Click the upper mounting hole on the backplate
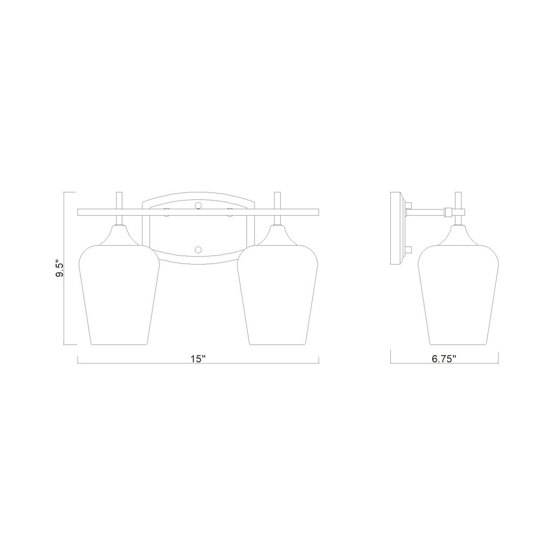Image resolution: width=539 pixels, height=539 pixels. tap(198, 205)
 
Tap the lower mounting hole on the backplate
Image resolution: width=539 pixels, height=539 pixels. tap(198, 249)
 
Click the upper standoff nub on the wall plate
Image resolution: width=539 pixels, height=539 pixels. tap(409, 204)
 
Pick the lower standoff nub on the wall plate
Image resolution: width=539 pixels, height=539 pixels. tap(409, 249)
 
